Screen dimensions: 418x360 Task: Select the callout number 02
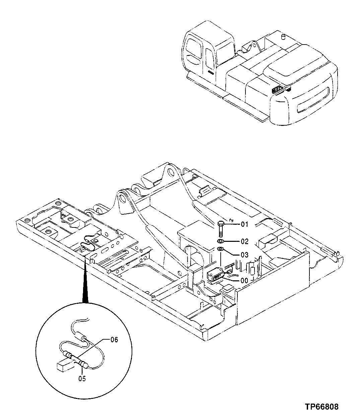(x=244, y=241)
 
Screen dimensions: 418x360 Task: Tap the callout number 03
(x=244, y=255)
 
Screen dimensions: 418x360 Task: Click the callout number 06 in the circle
(x=114, y=340)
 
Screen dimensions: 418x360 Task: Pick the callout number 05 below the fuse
(x=82, y=379)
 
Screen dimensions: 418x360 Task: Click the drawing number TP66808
(x=321, y=407)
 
